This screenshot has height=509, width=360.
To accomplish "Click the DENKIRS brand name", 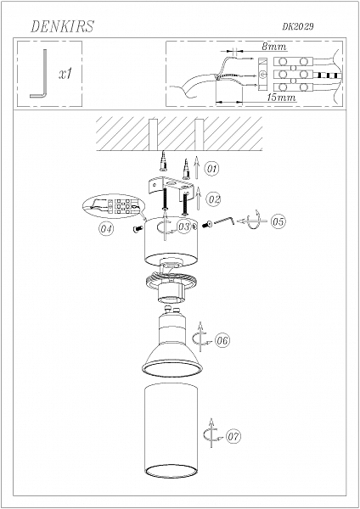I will click(x=62, y=27).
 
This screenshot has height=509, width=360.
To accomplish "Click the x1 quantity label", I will click(x=65, y=75).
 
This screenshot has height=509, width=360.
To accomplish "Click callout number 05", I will click(x=278, y=221).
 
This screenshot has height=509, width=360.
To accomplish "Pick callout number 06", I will click(x=222, y=340).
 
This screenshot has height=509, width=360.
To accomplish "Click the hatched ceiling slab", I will click(x=179, y=134).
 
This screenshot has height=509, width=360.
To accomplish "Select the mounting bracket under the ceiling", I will click(x=173, y=186).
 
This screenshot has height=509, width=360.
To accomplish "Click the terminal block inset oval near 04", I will click(x=115, y=207).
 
